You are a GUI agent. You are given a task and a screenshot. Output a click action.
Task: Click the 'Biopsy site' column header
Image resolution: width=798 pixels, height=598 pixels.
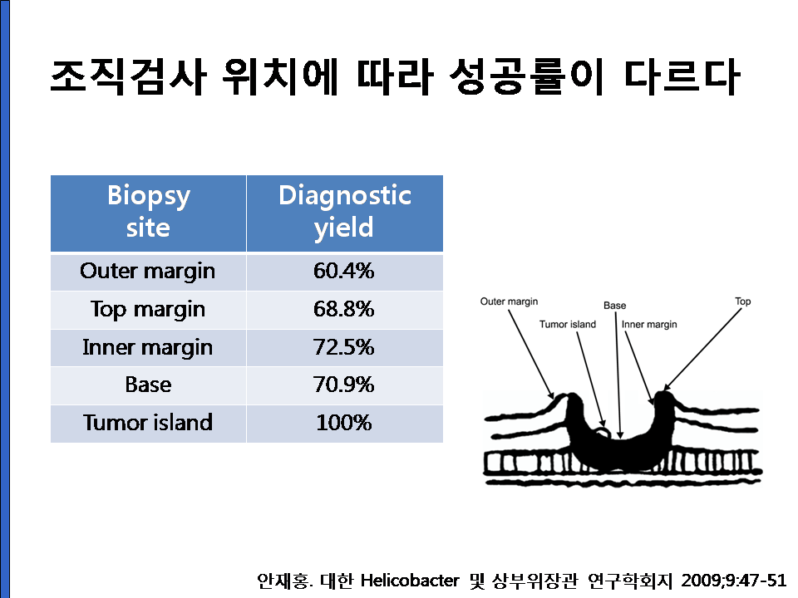click(x=148, y=212)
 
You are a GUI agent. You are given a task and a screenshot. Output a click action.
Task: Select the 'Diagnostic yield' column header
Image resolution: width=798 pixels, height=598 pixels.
click(x=344, y=212)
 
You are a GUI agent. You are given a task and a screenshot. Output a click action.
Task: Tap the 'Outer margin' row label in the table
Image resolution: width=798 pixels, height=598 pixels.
click(x=148, y=271)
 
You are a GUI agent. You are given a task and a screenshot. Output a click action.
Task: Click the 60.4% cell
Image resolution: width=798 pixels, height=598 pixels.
click(x=344, y=271)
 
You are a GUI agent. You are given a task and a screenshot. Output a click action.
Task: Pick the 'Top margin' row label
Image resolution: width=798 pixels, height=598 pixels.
click(x=148, y=310)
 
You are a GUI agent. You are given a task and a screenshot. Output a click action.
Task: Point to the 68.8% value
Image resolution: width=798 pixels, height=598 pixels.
click(x=344, y=309)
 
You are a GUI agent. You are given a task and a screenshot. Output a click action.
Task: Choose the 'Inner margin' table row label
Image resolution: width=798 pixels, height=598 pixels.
click(x=148, y=348)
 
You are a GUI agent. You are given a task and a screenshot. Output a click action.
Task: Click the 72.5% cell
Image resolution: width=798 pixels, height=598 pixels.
click(x=344, y=347)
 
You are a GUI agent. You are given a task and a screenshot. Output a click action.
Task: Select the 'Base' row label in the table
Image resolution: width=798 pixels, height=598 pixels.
click(x=148, y=385)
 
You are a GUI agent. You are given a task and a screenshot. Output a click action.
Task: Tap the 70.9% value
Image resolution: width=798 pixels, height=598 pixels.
click(x=344, y=385)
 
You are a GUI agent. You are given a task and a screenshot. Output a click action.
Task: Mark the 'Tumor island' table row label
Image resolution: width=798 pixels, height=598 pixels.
click(x=148, y=423)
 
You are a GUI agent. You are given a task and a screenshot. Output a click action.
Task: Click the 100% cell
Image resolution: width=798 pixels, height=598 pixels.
click(x=344, y=423)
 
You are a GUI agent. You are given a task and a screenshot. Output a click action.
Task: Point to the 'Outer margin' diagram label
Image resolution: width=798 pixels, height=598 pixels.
click(x=509, y=301)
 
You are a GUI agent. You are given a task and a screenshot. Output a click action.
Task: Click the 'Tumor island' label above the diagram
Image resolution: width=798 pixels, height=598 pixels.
click(x=568, y=325)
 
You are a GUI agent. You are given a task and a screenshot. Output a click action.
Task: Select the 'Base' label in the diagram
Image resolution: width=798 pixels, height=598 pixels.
click(x=615, y=306)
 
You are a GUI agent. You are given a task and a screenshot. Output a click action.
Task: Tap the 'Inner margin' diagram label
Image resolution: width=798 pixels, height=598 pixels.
click(x=649, y=325)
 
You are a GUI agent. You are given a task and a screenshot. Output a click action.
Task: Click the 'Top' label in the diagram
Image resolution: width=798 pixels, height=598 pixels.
click(x=743, y=301)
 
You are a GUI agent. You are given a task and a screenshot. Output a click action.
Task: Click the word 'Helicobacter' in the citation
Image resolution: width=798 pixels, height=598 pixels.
click(x=410, y=581)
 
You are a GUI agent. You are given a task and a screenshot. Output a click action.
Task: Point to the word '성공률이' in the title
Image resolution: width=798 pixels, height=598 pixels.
click(x=526, y=76)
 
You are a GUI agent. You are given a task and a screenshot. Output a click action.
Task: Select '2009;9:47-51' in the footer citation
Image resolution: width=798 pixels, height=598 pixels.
click(x=733, y=581)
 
